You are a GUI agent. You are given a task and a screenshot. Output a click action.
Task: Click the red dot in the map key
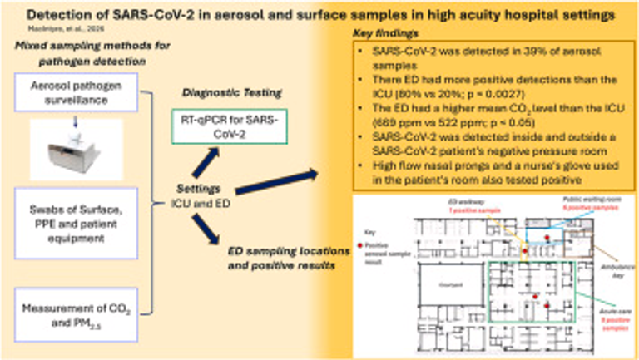371,247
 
